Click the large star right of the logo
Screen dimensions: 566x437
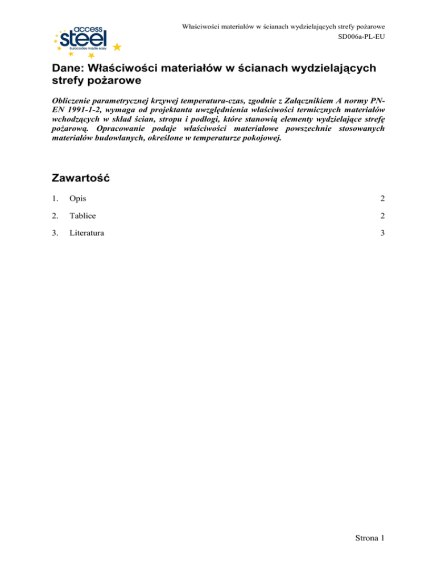pos(117,46)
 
